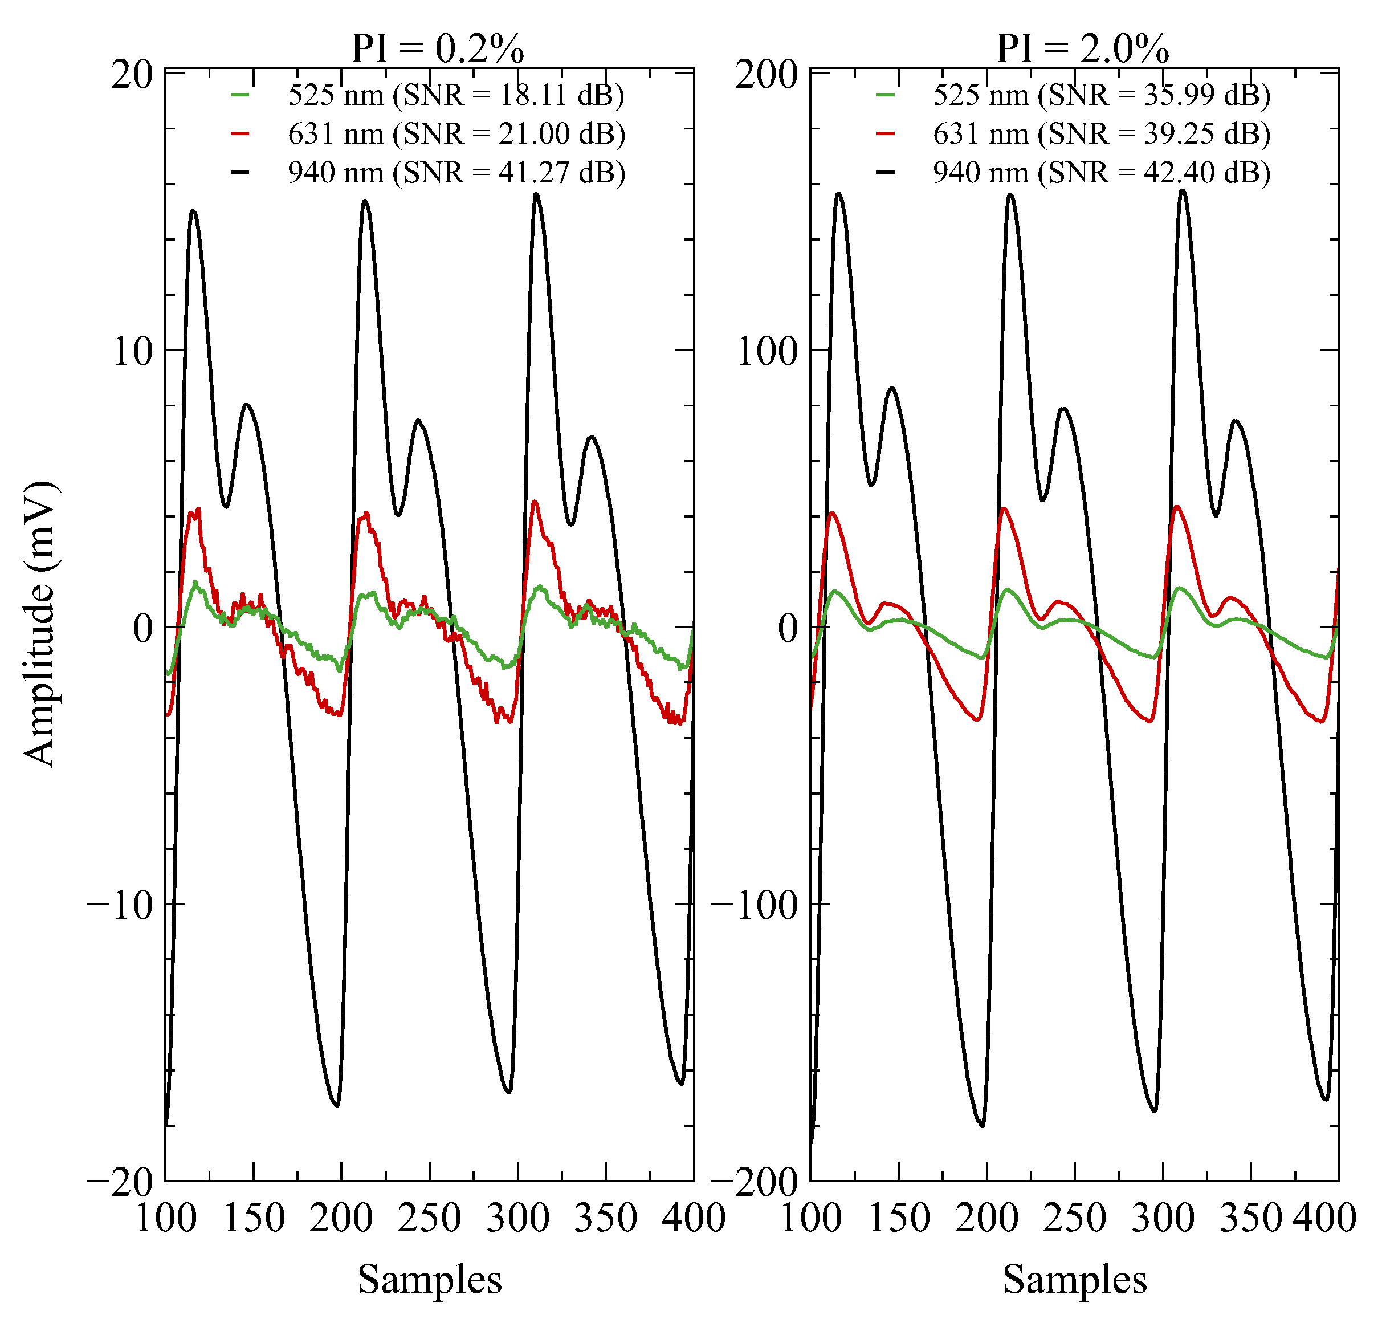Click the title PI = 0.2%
click(437, 48)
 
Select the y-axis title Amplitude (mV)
click(39, 624)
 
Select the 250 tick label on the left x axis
click(430, 1218)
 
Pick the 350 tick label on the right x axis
click(1250, 1218)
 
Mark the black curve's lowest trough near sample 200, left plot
click(337, 1105)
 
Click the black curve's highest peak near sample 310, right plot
click(1183, 190)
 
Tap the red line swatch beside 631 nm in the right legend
click(886, 133)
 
